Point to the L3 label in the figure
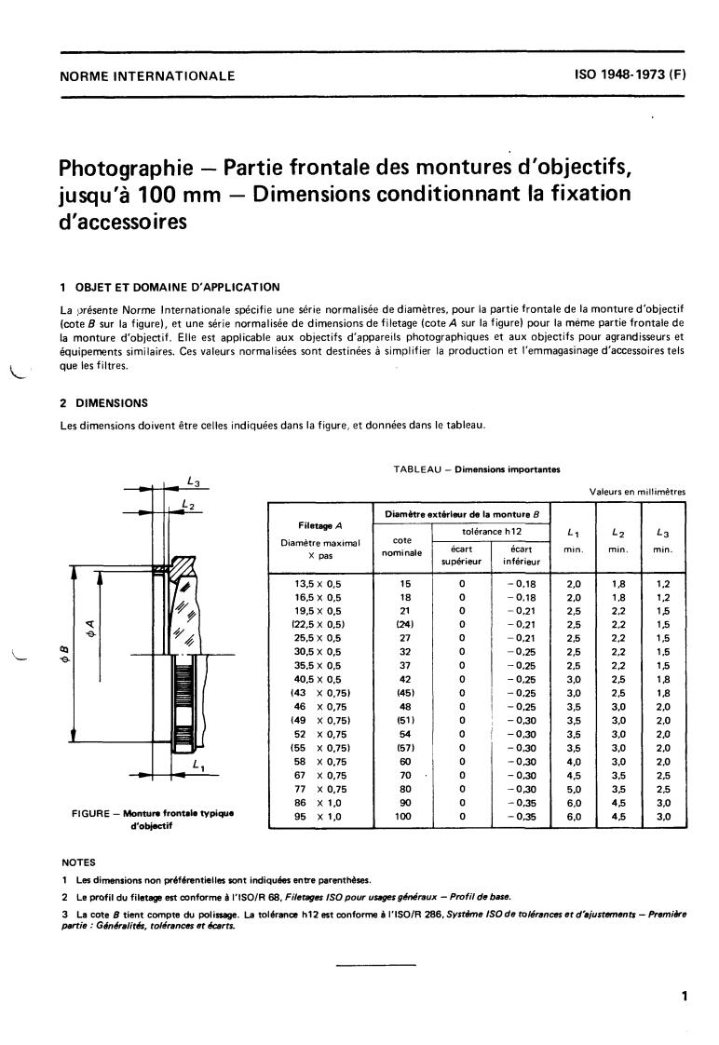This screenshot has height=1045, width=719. tap(193, 482)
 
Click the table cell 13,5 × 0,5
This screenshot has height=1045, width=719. tap(318, 584)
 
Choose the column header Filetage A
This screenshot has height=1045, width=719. tap(319, 526)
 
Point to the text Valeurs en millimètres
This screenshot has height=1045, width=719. tap(636, 492)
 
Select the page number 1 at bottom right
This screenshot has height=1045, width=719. tap(684, 997)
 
